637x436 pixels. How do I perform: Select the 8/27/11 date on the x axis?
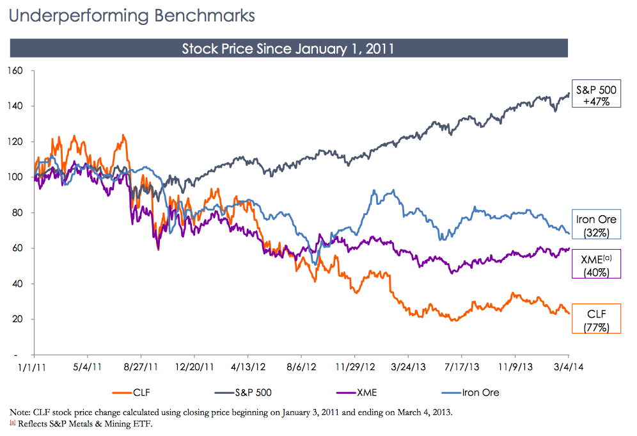pos(140,367)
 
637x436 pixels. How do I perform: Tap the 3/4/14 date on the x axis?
pos(568,367)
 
